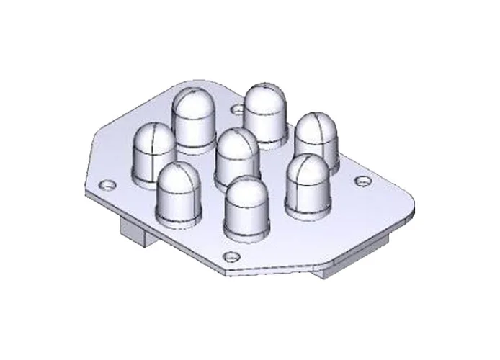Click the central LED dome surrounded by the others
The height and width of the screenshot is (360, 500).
click(237, 154)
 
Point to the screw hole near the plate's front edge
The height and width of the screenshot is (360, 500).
click(231, 256)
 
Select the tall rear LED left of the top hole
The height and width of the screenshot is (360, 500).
click(192, 119)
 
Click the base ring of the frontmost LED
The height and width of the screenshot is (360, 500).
click(245, 233)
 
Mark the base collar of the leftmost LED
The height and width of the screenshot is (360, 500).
click(153, 176)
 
